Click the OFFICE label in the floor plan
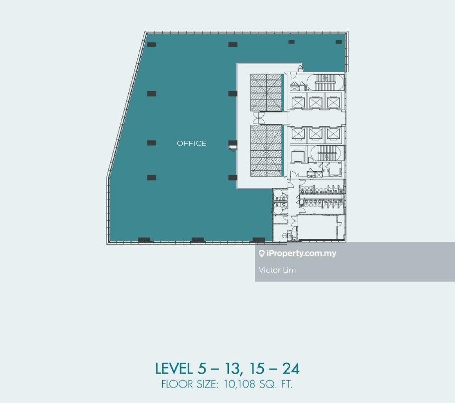pyautogui.click(x=192, y=143)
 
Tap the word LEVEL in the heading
pyautogui.click(x=174, y=369)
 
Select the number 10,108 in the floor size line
pyautogui.click(x=239, y=385)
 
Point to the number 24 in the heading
pyautogui.click(x=291, y=369)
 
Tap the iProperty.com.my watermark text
pyautogui.click(x=301, y=253)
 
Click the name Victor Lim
pyautogui.click(x=277, y=270)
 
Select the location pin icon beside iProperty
pyautogui.click(x=261, y=254)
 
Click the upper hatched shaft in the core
pyautogui.click(x=266, y=93)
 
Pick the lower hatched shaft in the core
pyautogui.click(x=266, y=151)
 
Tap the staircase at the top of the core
pyautogui.click(x=325, y=82)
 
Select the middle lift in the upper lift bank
pyautogui.click(x=316, y=102)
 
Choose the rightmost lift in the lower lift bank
pyautogui.click(x=334, y=134)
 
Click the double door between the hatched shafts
pyautogui.click(x=258, y=118)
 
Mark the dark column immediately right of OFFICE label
pyautogui.click(x=232, y=143)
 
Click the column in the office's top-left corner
pyautogui.click(x=152, y=44)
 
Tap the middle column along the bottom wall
pyautogui.click(x=198, y=239)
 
